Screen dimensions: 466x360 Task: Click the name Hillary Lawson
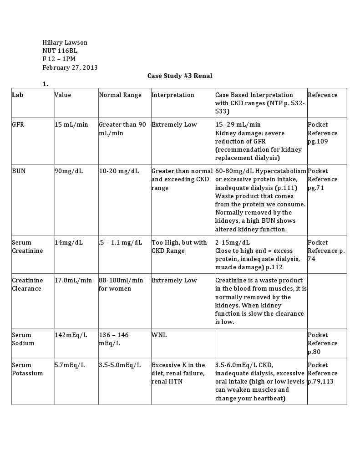coord(65,42)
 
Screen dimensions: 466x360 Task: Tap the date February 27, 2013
coord(70,67)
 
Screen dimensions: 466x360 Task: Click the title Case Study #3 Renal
coord(180,76)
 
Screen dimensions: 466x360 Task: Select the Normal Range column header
coord(120,95)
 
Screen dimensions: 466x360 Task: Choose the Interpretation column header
coord(172,95)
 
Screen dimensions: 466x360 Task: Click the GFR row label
coord(17,124)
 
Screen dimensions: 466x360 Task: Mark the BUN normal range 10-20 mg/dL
coord(119,171)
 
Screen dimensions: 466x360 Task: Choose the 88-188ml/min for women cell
coord(121,284)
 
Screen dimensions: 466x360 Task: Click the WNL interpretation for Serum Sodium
coord(159,335)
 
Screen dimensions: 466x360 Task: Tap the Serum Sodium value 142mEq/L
coord(71,335)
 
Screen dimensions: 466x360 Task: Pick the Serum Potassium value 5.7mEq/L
coord(69,365)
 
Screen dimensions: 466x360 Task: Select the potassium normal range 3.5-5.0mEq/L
coord(120,365)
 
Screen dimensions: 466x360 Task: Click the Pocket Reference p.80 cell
coord(322,343)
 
